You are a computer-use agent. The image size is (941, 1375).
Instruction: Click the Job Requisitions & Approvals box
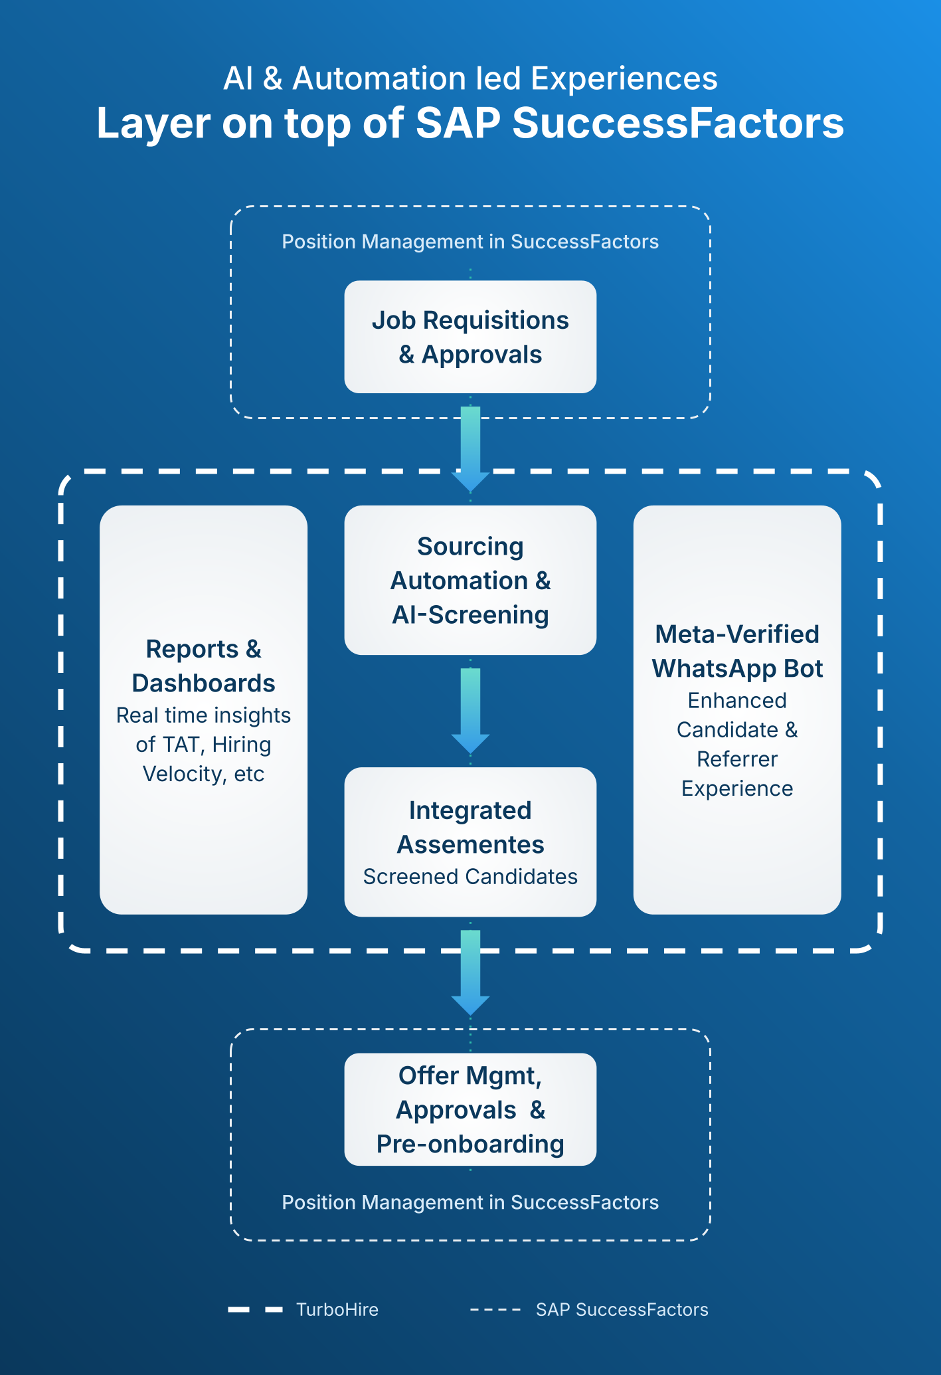[470, 337]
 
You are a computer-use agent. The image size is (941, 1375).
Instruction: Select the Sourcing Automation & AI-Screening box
[470, 580]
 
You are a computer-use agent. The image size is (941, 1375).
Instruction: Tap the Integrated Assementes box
[470, 842]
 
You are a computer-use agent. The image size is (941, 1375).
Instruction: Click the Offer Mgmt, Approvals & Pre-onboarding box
[470, 1109]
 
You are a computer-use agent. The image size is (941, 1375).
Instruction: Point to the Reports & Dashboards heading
[203, 666]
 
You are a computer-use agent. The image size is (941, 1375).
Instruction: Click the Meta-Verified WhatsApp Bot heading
[737, 651]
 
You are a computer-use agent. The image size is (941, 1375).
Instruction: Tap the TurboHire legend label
[337, 1309]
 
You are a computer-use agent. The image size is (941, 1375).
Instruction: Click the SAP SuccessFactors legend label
[622, 1309]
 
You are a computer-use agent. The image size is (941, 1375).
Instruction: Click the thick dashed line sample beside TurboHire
[256, 1310]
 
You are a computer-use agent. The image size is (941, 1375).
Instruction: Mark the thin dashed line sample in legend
[495, 1310]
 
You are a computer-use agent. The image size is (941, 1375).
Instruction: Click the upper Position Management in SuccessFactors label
[470, 241]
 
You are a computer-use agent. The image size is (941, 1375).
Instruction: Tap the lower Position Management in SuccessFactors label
[470, 1202]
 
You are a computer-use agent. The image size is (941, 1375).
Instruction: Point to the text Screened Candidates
[470, 877]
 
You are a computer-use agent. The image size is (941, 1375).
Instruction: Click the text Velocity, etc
[203, 774]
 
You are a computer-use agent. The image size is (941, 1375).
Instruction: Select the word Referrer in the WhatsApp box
[737, 759]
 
